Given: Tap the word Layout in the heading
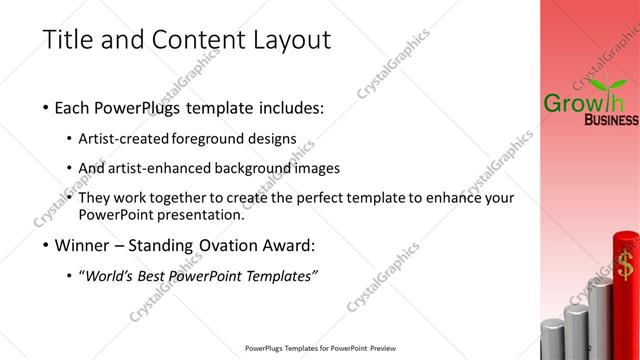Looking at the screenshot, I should [282, 41].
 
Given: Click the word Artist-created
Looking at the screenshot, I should [128, 138].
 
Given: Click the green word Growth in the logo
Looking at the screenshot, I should [577, 102].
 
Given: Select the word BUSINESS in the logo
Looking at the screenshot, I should [610, 121].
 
